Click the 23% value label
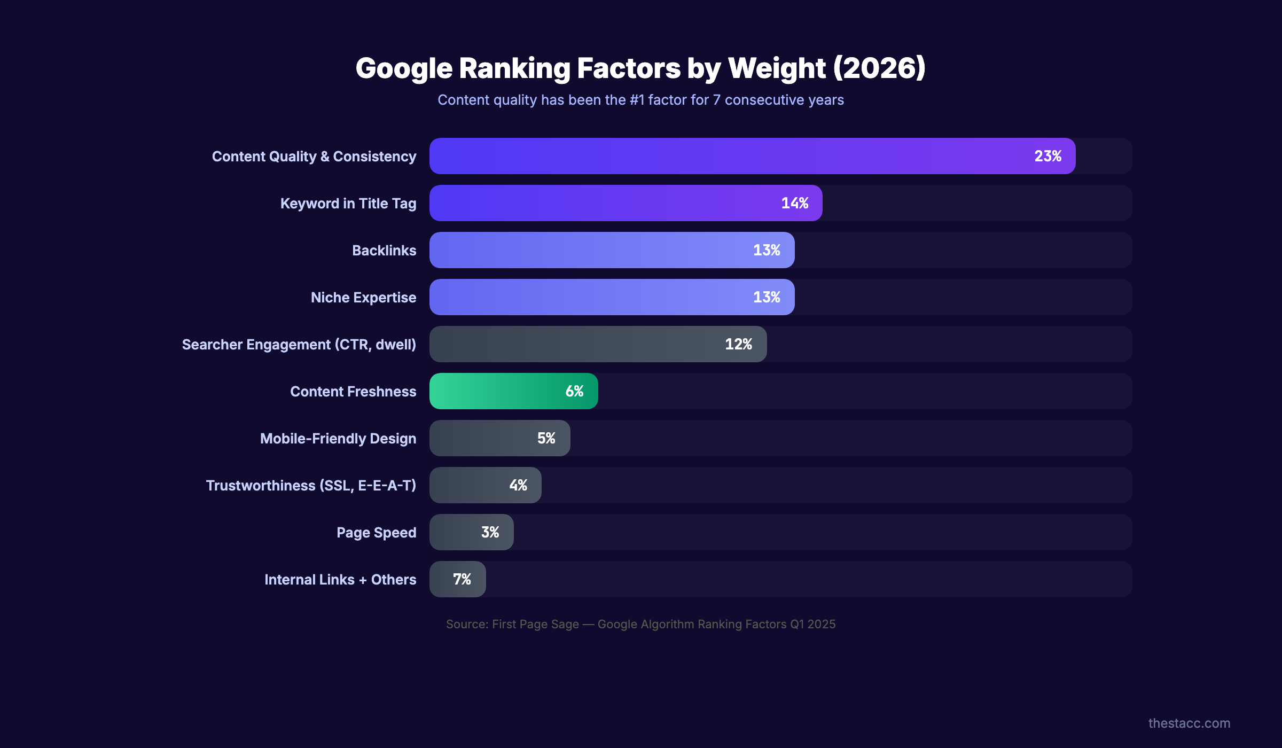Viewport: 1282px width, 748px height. (x=1048, y=156)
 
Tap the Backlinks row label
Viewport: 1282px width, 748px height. (x=384, y=251)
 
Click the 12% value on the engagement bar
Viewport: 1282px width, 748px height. (x=738, y=344)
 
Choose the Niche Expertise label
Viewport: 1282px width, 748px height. (x=363, y=298)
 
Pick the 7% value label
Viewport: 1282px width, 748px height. (x=462, y=579)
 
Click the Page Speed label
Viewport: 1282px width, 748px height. (x=376, y=533)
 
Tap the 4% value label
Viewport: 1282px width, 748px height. (x=518, y=485)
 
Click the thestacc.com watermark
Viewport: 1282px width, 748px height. (x=1189, y=723)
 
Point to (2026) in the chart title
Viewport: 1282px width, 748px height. (x=879, y=68)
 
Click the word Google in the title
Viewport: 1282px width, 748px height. (x=404, y=68)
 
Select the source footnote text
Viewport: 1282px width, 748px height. (x=640, y=624)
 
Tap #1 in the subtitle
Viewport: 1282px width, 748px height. (x=637, y=100)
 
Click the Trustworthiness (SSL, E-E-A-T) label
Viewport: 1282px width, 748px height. (x=311, y=486)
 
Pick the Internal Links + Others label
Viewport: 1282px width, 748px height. (x=340, y=580)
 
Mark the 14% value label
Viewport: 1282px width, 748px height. (x=794, y=203)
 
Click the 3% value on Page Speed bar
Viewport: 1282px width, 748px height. (x=490, y=532)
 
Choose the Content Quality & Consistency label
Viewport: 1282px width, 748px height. (x=314, y=157)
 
